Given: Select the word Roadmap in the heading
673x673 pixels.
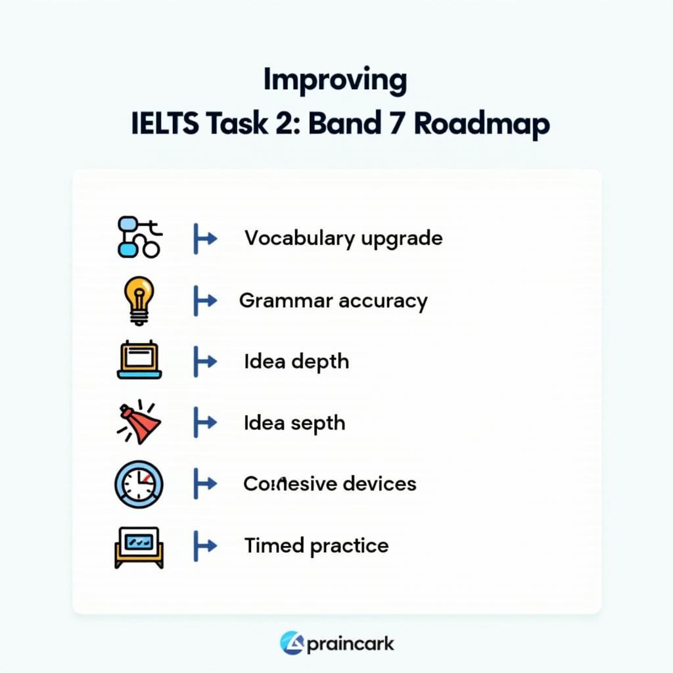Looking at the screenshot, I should (x=482, y=125).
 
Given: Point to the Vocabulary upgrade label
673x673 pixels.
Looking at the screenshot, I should (x=343, y=238).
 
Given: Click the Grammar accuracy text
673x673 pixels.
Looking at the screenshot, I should (x=333, y=300).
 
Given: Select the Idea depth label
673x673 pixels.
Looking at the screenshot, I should (x=296, y=361).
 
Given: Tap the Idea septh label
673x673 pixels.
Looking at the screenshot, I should (x=294, y=423).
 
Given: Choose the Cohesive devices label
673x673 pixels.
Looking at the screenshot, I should (x=330, y=484).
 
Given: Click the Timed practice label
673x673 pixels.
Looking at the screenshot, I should (x=316, y=545).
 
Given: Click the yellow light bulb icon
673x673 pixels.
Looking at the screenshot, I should (x=139, y=300).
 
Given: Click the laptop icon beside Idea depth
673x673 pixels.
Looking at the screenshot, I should (x=139, y=361).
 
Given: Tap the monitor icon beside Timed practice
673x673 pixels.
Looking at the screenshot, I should (x=138, y=546).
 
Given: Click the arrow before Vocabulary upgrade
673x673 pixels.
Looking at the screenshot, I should (x=204, y=239).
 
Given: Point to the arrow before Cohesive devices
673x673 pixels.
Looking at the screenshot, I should (x=204, y=484).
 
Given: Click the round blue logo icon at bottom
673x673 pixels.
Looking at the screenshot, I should (x=291, y=643).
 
